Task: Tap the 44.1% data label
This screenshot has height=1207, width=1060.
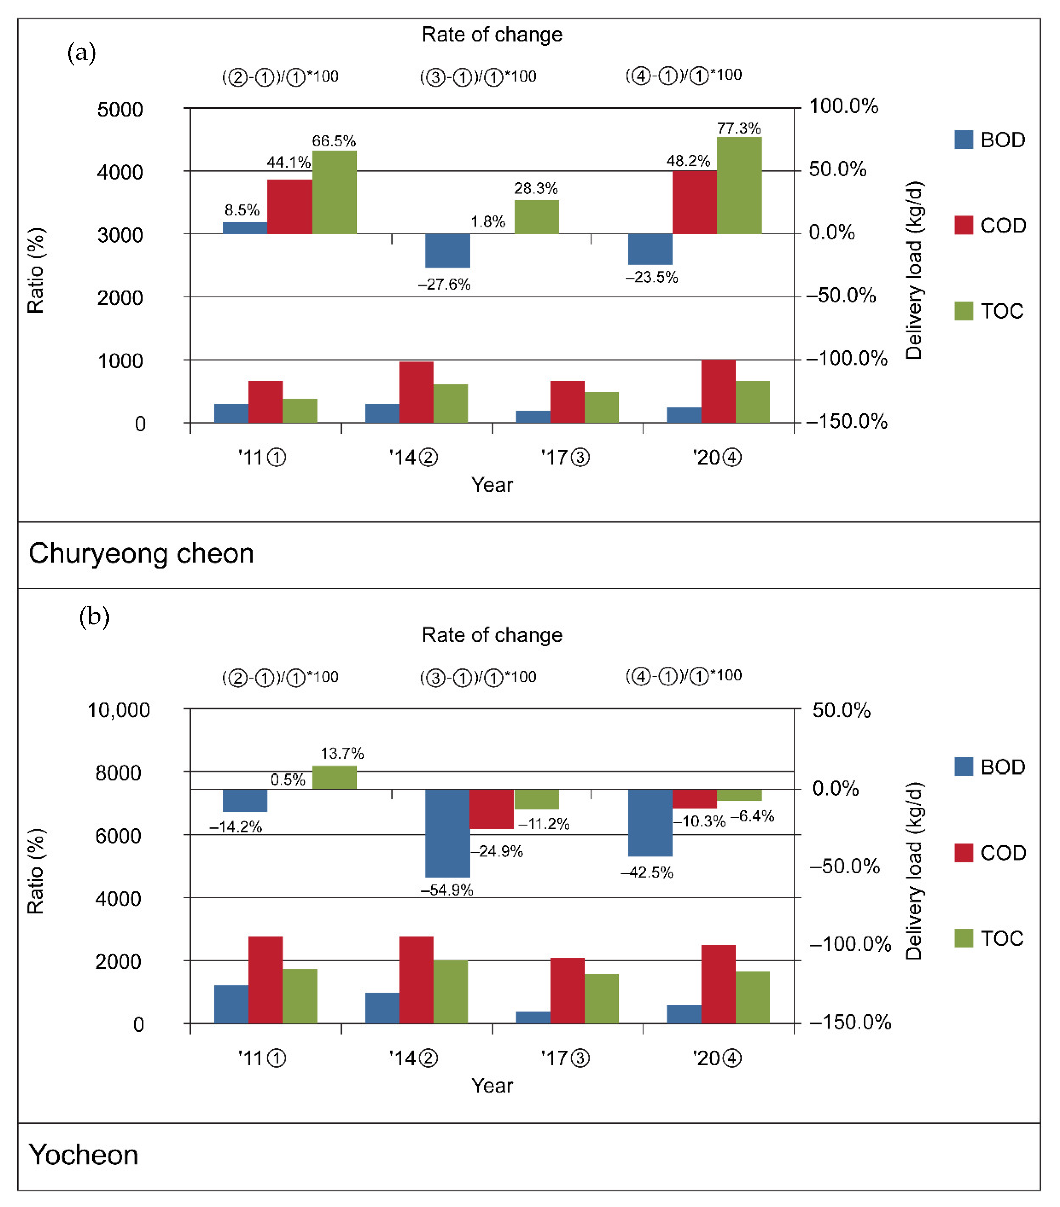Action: (288, 162)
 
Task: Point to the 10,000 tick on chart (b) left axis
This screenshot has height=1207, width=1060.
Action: (118, 710)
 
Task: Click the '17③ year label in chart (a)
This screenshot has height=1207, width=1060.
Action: (565, 458)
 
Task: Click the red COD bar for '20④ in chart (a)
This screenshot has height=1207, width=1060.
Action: (718, 391)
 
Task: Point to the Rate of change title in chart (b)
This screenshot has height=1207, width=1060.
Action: (492, 635)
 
